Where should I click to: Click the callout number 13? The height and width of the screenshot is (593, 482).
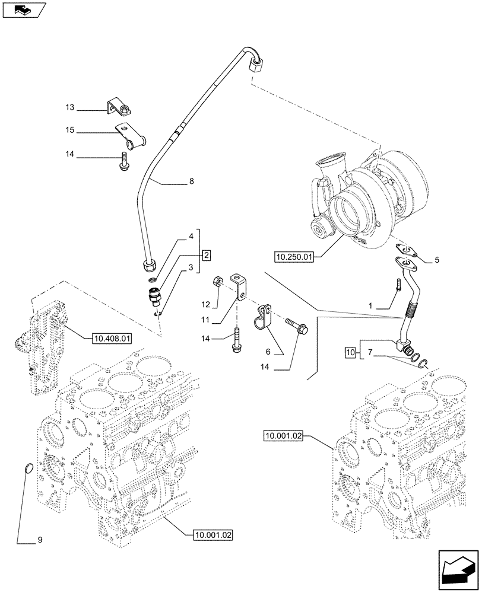click(x=69, y=108)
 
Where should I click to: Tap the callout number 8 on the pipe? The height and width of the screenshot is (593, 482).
click(x=191, y=183)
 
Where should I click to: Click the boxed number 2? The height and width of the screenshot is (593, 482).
click(x=205, y=256)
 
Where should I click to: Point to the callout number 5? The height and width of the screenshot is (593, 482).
click(x=436, y=259)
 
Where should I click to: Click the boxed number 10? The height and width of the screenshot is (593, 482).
click(x=350, y=353)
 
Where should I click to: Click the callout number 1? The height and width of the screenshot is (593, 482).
click(x=370, y=305)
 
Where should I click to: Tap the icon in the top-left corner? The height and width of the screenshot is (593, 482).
click(x=23, y=9)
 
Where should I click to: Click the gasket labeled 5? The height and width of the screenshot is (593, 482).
click(x=405, y=250)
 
